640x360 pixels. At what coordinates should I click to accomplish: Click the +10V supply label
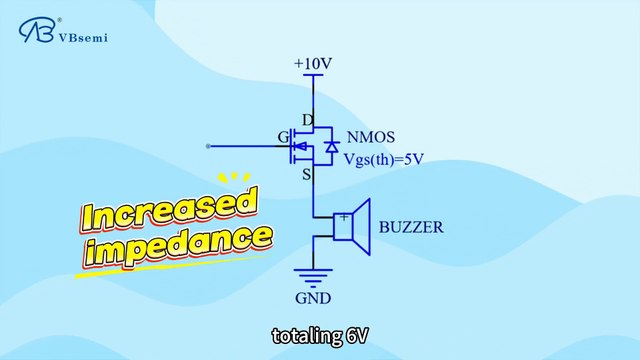point(312,64)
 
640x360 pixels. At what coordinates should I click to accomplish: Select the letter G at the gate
point(283,137)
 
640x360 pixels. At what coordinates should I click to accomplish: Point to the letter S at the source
point(308,175)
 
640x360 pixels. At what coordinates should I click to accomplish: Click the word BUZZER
point(411,227)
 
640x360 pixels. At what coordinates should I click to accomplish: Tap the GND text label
point(314,298)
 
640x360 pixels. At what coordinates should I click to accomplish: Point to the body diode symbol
point(331,148)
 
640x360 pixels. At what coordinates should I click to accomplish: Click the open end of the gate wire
point(208,147)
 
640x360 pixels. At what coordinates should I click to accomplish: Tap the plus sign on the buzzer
point(344,217)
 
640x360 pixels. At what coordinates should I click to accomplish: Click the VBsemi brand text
point(86,38)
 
